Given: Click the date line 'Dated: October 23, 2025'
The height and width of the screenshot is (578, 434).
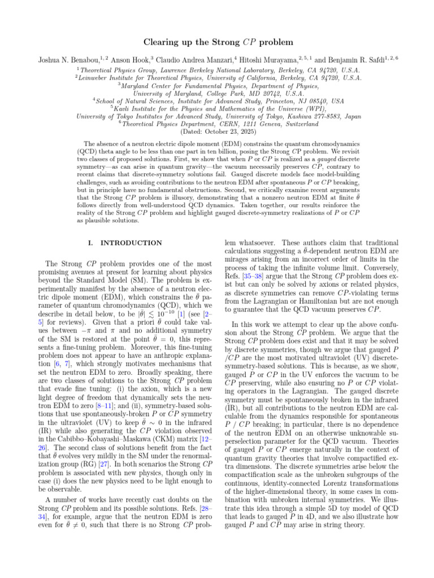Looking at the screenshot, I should [x=217, y=131].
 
